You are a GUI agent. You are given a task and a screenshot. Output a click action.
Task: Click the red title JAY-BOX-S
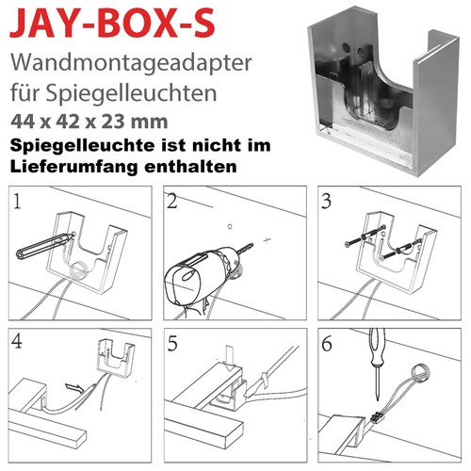tap(112, 24)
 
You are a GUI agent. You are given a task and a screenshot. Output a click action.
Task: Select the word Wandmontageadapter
tap(131, 63)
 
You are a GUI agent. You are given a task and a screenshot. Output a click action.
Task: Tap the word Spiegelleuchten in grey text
tap(132, 93)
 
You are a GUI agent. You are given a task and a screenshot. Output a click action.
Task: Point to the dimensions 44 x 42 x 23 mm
tap(89, 122)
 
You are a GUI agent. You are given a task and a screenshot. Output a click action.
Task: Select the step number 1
tap(17, 202)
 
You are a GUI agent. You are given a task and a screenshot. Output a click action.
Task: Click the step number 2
tap(172, 202)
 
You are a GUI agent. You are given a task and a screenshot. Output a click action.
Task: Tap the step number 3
tap(327, 202)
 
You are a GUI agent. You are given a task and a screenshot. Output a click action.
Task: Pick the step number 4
tap(17, 341)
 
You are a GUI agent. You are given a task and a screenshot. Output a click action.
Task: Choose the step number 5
tap(172, 344)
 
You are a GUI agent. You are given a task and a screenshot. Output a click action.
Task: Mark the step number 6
tap(327, 344)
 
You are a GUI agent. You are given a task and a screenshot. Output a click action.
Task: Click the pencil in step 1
tap(44, 246)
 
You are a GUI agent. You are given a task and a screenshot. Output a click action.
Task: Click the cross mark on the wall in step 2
tap(267, 240)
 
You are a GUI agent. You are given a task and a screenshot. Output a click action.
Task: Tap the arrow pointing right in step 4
tap(74, 387)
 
